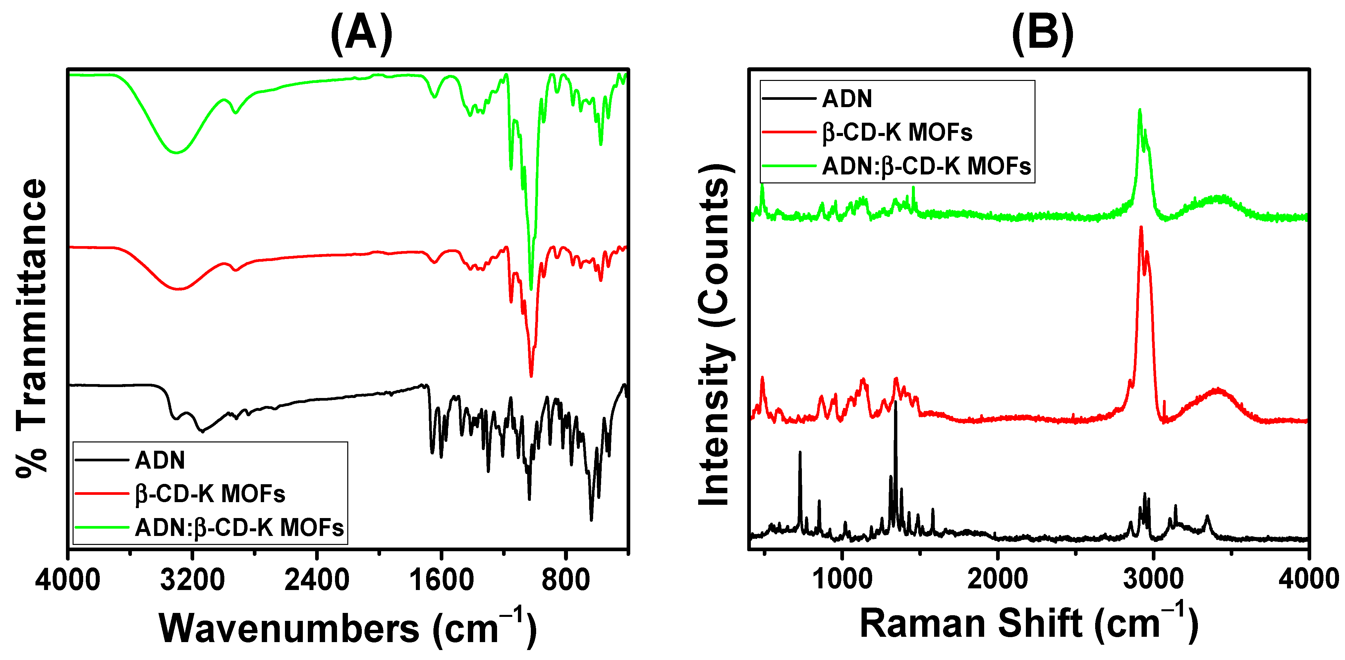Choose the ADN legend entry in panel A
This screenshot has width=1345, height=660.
tap(160, 460)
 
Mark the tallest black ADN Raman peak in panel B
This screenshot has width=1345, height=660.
tap(895, 402)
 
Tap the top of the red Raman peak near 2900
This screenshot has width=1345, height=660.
tap(1141, 227)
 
